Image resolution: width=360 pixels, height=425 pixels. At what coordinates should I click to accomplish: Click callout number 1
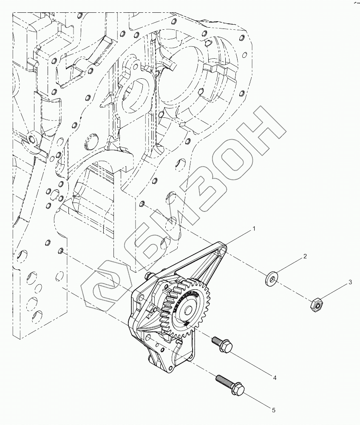pos(254,229)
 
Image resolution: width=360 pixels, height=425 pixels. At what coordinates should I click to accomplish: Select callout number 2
pos(305,257)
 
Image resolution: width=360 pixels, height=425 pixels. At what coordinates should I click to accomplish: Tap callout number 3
pos(350,282)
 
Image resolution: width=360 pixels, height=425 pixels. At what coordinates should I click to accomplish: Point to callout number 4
pos(275,377)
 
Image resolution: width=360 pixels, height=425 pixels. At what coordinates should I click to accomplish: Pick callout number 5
pos(274,410)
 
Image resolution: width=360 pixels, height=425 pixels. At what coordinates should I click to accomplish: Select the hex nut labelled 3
pos(315,304)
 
